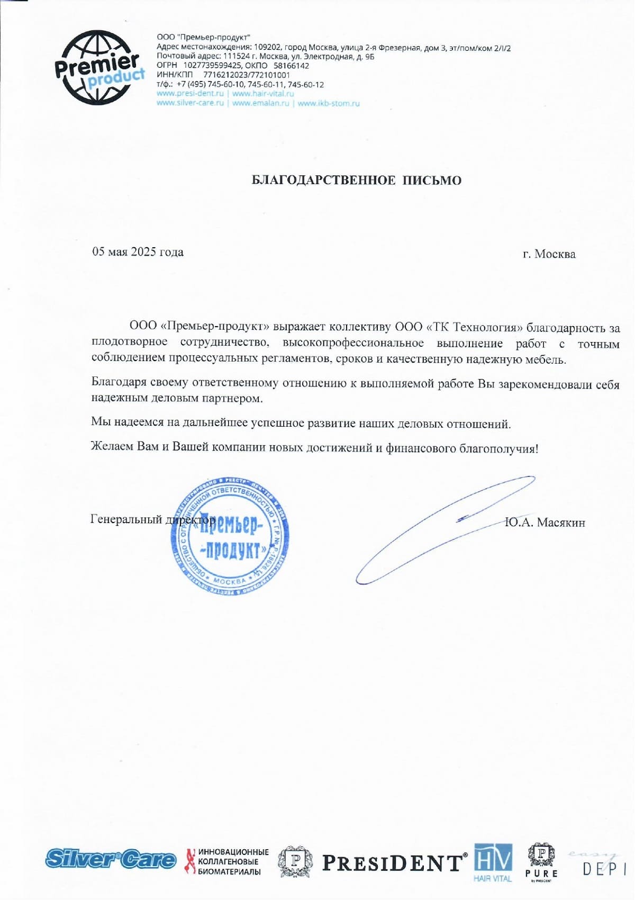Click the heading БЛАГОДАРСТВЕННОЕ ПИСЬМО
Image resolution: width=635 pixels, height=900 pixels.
[356, 181]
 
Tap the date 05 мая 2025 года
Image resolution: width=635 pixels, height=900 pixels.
[138, 252]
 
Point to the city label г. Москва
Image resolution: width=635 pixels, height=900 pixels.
[549, 254]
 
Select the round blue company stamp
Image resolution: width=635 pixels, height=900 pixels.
[230, 536]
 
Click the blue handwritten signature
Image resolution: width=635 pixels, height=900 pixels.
[444, 529]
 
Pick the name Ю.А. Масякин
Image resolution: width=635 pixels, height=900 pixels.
[545, 523]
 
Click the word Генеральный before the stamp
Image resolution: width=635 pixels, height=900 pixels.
[126, 519]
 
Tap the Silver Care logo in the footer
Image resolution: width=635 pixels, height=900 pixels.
[111, 859]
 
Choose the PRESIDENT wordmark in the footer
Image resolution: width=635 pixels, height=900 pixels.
[394, 863]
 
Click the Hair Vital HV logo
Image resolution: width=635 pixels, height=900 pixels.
[493, 862]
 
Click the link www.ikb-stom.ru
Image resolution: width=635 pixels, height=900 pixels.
[329, 103]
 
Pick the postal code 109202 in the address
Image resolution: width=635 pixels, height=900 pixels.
[267, 48]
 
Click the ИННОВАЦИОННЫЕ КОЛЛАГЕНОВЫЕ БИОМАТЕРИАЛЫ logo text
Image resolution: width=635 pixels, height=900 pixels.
[233, 862]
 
